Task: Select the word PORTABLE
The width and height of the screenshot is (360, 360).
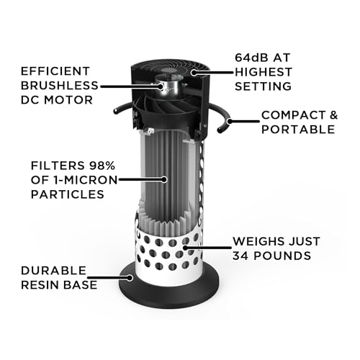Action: [x=297, y=130]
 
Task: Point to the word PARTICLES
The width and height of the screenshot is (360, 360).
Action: [x=63, y=195]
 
